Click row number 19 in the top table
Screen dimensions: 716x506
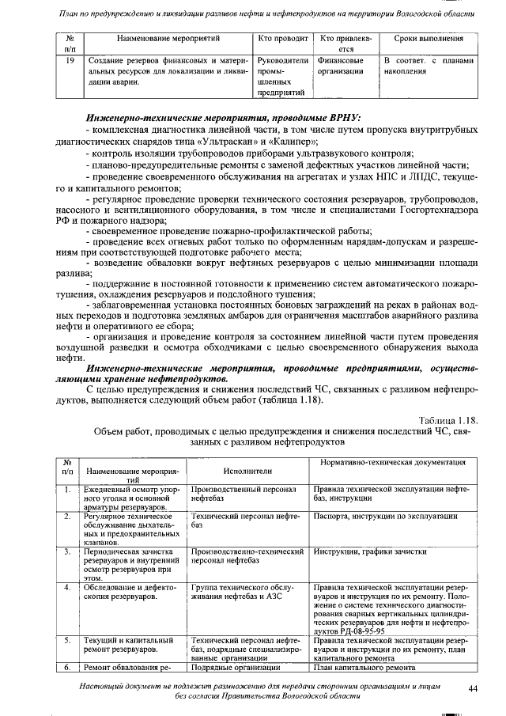point(70,60)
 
